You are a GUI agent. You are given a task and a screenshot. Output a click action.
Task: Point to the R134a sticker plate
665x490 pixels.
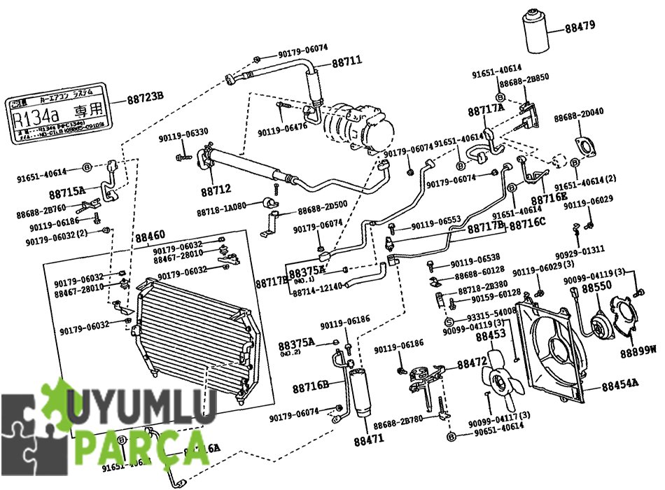coord(59,114)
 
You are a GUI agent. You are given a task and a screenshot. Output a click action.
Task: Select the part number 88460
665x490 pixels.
coord(150,236)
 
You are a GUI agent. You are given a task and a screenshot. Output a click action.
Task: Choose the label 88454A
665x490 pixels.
coord(619,384)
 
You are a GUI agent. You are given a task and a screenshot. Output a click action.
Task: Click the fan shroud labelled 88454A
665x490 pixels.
coord(553,350)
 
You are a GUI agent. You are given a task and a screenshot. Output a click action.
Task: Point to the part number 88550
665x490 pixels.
coord(596,288)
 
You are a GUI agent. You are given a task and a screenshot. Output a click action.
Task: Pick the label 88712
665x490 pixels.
coord(216,190)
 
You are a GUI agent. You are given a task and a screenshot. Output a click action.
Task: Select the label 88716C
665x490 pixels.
coord(527,225)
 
